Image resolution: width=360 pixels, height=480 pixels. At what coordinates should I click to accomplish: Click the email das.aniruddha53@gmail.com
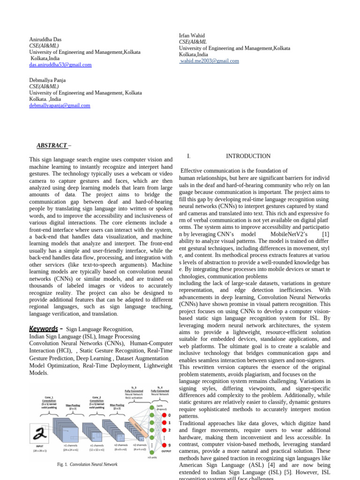pos(60,65)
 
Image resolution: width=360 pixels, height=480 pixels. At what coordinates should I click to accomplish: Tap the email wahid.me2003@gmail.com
pos(209,61)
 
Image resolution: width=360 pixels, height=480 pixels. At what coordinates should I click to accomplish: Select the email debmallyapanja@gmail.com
pos(60,106)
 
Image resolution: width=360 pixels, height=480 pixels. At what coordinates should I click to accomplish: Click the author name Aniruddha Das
pos(45,40)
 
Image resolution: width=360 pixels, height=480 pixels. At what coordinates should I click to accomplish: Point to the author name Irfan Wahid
pos(192,36)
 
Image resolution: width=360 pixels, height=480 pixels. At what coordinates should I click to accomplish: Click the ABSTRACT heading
pos(52,146)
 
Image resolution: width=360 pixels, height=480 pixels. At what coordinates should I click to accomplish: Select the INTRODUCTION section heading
pos(248,156)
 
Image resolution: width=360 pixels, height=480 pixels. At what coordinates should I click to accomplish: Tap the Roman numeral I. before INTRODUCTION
pos(188,156)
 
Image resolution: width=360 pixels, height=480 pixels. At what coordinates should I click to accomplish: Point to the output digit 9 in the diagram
pos(169,445)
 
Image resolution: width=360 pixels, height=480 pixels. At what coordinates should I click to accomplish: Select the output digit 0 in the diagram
pos(169,415)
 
